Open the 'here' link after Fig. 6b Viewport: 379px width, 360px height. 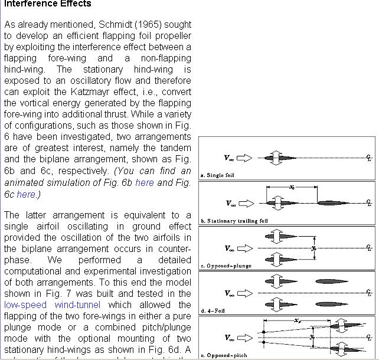144,182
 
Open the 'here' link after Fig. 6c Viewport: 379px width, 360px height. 25,194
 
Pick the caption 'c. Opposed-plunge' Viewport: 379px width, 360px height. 226,266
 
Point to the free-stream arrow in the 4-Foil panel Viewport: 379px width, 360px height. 246,293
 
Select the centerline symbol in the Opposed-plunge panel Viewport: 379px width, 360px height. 369,248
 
